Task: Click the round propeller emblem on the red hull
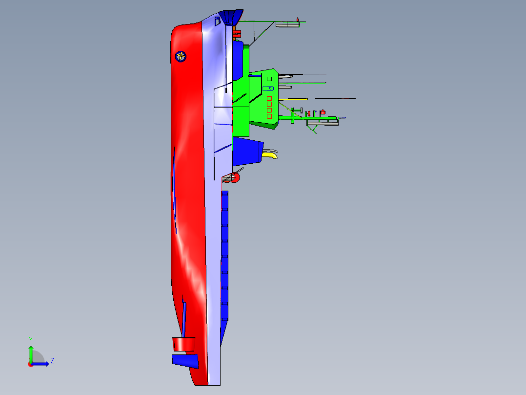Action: [x=181, y=57]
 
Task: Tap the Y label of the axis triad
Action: [x=31, y=340]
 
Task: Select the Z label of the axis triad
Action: [x=52, y=361]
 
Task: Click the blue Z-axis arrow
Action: [x=40, y=364]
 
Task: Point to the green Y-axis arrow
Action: [x=31, y=354]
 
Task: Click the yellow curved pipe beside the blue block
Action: [x=270, y=155]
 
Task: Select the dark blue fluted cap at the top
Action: [x=231, y=17]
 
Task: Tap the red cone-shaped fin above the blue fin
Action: [x=184, y=344]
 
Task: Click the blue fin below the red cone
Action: [x=185, y=361]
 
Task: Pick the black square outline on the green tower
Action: [x=269, y=79]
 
